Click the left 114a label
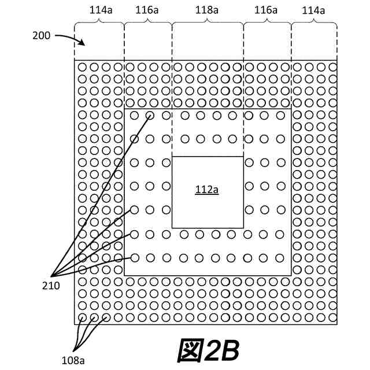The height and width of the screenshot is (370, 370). [98, 10]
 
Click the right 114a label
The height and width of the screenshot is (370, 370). [313, 10]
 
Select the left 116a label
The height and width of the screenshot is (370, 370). [147, 10]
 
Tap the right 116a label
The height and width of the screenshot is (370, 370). [267, 10]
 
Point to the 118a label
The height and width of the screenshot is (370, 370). [207, 10]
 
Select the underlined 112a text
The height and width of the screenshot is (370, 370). [206, 190]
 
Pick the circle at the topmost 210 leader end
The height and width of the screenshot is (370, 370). [150, 115]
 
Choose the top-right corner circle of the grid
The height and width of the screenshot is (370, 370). [332, 68]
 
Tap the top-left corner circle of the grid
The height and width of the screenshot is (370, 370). [82, 68]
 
